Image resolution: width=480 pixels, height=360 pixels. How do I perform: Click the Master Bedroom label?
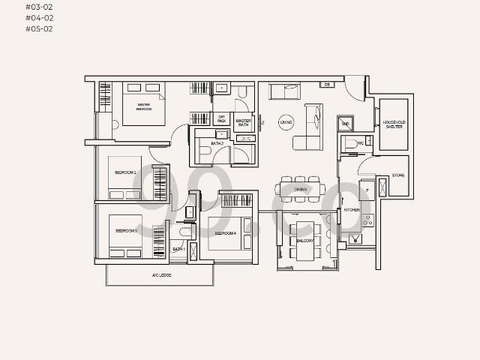coord(144,107)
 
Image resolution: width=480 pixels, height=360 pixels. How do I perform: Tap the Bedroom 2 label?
coord(125,172)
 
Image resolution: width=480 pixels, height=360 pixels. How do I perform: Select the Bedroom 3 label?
coord(126,231)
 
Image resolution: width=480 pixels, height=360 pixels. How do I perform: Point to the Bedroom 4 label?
coord(225,233)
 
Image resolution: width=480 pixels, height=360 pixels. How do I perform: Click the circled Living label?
coord(286,121)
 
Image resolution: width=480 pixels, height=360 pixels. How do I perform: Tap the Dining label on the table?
coord(301,189)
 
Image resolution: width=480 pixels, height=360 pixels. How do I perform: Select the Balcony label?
coord(305,241)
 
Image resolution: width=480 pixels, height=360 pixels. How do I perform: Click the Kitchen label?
coord(352,210)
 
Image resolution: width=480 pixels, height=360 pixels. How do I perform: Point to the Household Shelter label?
coord(394,124)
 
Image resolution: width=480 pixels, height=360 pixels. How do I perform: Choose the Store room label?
coord(398,175)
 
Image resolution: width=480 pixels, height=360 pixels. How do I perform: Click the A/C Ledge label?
coord(160,275)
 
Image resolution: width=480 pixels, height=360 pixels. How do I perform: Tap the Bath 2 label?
coord(217,142)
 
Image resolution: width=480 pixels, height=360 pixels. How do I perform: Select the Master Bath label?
coord(244,123)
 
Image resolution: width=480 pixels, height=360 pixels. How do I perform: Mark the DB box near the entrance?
coord(328,85)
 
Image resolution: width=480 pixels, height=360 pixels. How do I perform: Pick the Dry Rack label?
coord(222,118)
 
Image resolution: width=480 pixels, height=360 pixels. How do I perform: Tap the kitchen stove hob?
coord(367,220)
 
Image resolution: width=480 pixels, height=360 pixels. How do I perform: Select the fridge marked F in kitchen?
coord(367,190)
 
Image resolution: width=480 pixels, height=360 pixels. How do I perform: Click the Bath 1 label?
coord(178,248)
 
